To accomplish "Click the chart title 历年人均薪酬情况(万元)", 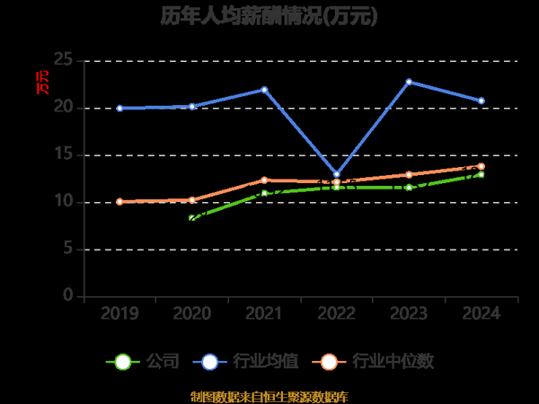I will point(269,15).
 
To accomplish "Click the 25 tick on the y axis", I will point(63,60).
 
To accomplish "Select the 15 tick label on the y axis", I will point(63,154).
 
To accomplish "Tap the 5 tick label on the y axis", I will point(67,249).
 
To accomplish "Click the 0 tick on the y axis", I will point(67,296).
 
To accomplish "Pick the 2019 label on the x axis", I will point(119,313).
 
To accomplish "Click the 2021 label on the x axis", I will point(264,313).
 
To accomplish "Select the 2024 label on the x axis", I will point(481,313).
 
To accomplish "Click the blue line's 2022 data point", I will point(337,174).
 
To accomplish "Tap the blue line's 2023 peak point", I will point(409,82).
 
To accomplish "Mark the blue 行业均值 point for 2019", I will point(119,108).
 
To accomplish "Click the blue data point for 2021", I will point(264,89).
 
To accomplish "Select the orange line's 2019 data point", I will point(119,201).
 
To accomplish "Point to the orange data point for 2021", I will point(264,180).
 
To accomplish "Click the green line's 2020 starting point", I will point(192,218).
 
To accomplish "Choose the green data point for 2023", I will point(409,187).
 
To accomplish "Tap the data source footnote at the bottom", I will point(269,396).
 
